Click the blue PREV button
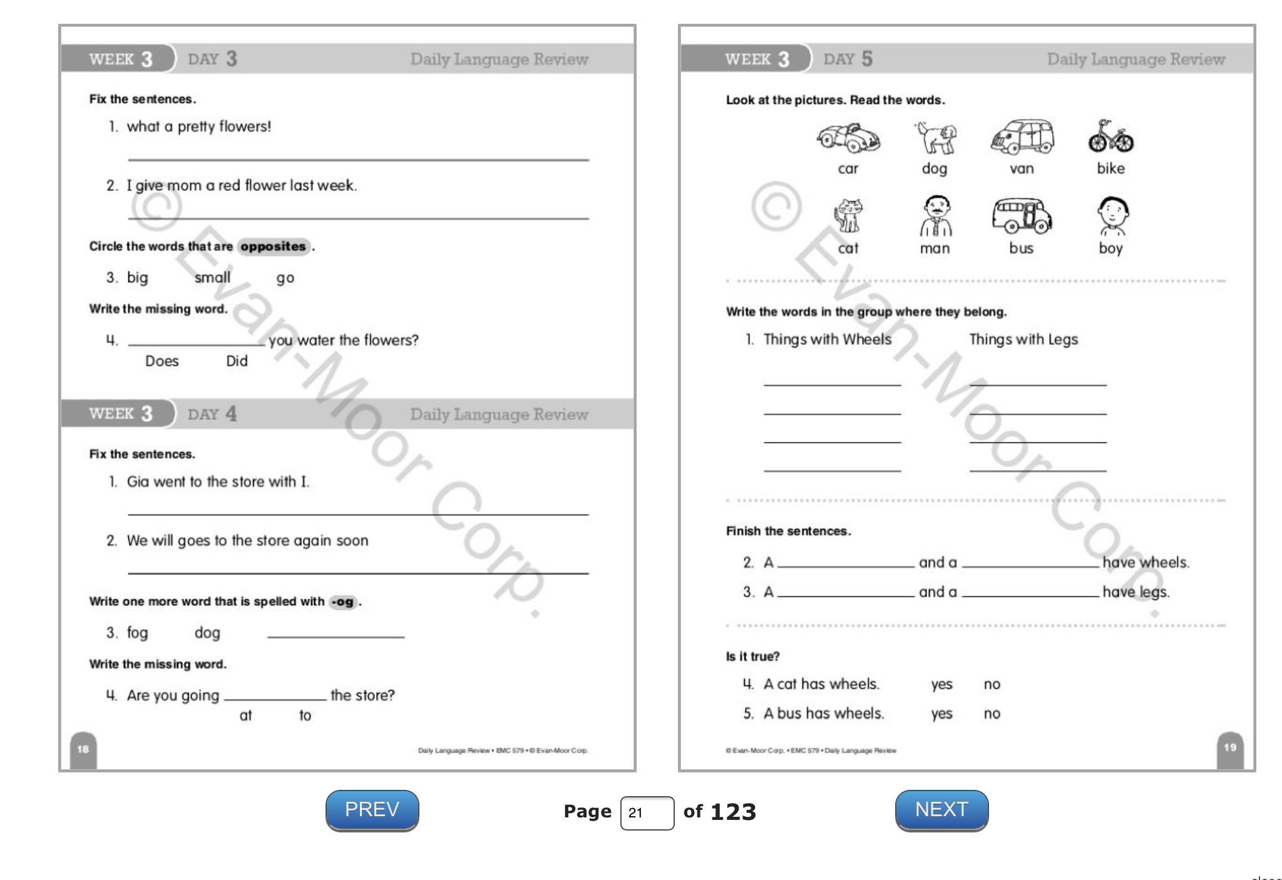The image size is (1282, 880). [x=372, y=810]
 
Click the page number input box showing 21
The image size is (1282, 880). [x=647, y=812]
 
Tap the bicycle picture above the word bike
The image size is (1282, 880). [x=1110, y=137]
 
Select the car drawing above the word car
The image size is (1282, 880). [x=848, y=138]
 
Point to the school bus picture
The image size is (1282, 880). [x=1021, y=216]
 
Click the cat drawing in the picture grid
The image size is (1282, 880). [x=848, y=216]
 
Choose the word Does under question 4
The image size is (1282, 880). [x=162, y=361]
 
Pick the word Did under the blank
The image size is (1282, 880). [x=237, y=361]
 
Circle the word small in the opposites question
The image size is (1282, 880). [x=212, y=277]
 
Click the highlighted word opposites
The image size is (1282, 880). [x=273, y=247]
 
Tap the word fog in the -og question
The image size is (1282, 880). [x=137, y=633]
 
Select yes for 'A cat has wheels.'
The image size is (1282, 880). [x=941, y=684]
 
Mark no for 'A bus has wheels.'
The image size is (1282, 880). [x=992, y=714]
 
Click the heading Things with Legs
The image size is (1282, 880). [x=1023, y=339]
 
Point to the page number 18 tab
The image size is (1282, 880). [x=83, y=749]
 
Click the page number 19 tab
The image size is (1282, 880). [x=1229, y=747]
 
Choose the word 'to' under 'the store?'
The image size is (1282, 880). [x=305, y=715]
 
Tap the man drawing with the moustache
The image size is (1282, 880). [x=935, y=216]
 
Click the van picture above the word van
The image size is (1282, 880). [x=1022, y=137]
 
